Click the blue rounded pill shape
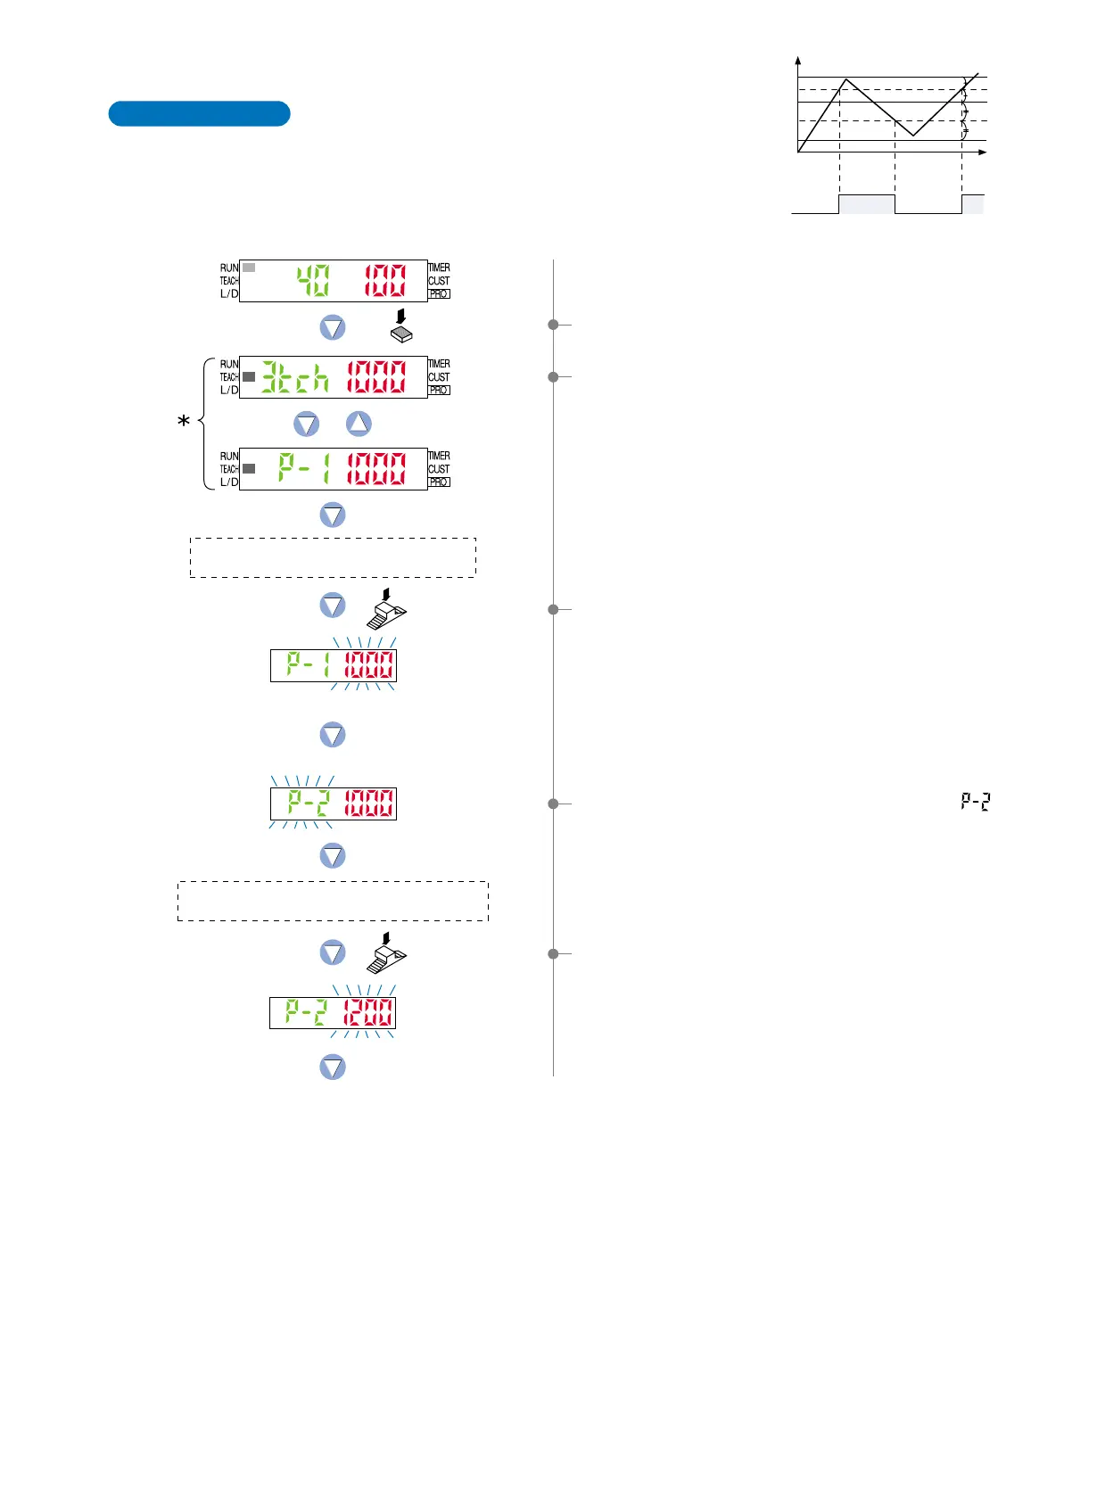199,114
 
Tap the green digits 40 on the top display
313,281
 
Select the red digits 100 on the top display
384,281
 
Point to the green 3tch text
294,377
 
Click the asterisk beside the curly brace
184,421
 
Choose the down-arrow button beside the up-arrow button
307,424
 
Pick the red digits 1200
368,1012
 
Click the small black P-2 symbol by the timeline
976,802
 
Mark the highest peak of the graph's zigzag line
845,80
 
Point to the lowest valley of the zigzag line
913,136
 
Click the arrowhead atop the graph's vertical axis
798,61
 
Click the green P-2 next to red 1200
307,1012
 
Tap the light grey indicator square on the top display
249,268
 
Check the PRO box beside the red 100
439,293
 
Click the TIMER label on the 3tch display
439,364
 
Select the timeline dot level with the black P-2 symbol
553,804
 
